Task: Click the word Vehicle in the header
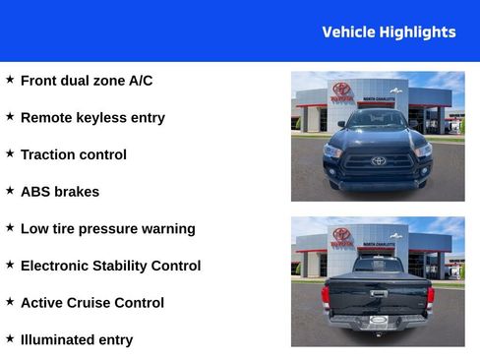pyautogui.click(x=348, y=32)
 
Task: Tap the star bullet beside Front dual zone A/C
pyautogui.click(x=10, y=80)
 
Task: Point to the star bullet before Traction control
pyautogui.click(x=10, y=153)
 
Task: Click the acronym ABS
pyautogui.click(x=36, y=192)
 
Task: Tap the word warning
pyautogui.click(x=167, y=229)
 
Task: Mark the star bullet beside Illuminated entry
pyautogui.click(x=10, y=338)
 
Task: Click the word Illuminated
pyautogui.click(x=60, y=340)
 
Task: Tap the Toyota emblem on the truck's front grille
pyautogui.click(x=378, y=160)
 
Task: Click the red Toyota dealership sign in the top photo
pyautogui.click(x=340, y=92)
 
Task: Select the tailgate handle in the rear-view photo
pyautogui.click(x=378, y=292)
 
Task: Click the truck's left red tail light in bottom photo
pyautogui.click(x=326, y=294)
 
